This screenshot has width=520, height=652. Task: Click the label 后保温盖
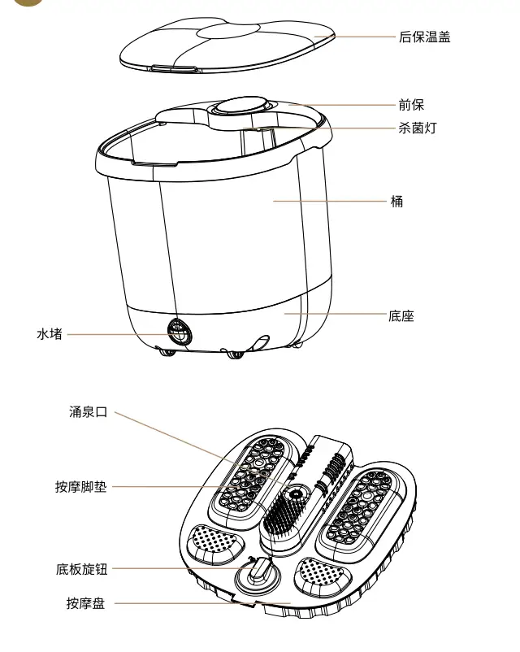pos(424,37)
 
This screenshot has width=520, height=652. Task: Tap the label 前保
pos(410,105)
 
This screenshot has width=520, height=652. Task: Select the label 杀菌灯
pos(416,128)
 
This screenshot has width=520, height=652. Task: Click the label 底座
pos(401,315)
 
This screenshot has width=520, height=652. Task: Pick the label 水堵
pos(50,334)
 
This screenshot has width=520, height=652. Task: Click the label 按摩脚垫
pos(80,487)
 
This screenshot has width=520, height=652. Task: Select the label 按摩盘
pos(86,603)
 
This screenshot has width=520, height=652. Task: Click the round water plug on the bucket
pos(179,331)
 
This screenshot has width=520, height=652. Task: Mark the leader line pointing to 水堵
pos(114,333)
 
